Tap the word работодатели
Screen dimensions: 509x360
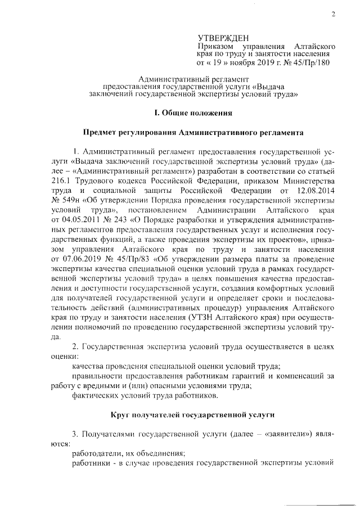[x=98, y=453]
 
